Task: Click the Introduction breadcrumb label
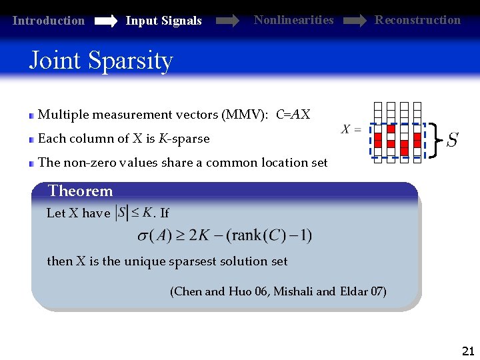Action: coord(49,21)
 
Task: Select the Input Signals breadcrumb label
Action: coord(163,21)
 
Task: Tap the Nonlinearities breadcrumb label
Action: coord(293,20)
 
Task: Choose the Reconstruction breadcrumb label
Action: coord(417,20)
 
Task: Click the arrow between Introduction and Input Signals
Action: coord(105,21)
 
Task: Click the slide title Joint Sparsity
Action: coord(101,61)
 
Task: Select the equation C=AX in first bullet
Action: coord(293,115)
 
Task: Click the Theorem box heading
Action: coord(80,191)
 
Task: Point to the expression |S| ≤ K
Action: coord(133,213)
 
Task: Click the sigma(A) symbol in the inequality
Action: coord(154,235)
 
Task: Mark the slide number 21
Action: coord(467,351)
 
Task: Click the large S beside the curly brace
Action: coord(452,141)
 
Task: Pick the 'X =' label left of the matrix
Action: coord(351,129)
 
